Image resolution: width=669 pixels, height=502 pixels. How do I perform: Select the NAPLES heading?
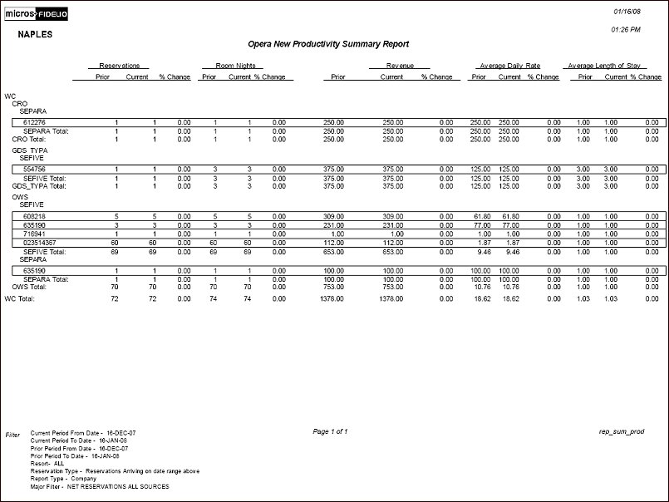[x=36, y=36]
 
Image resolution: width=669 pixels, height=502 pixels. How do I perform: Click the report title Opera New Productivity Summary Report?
[x=328, y=44]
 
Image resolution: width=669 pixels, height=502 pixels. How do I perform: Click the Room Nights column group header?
[x=233, y=65]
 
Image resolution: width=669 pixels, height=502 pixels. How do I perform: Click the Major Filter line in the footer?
[x=99, y=486]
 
